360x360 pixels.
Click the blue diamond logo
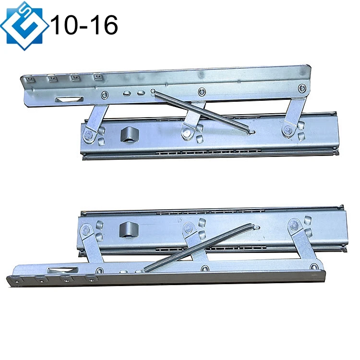(24, 25)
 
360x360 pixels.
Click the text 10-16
(84, 24)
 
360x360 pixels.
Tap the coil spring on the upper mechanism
(202, 111)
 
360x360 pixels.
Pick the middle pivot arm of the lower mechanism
(194, 242)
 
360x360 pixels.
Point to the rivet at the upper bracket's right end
(301, 88)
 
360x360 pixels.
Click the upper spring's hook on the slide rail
(249, 130)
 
